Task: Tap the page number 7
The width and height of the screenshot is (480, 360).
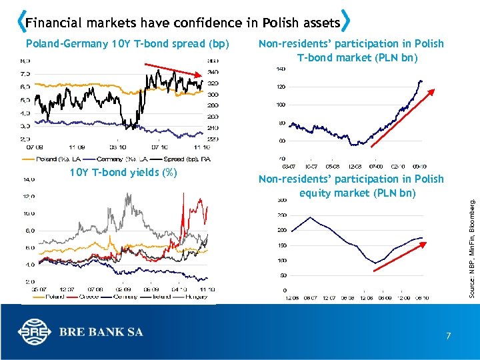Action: pyautogui.click(x=449, y=336)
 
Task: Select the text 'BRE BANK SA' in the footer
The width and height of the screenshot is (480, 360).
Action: pyautogui.click(x=101, y=332)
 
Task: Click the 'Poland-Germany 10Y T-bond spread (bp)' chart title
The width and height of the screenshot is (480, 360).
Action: pyautogui.click(x=127, y=44)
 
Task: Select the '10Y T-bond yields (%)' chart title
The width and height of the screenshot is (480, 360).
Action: pyautogui.click(x=123, y=173)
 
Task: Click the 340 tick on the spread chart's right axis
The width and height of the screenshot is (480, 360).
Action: pyautogui.click(x=213, y=72)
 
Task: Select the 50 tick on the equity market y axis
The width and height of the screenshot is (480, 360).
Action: pyautogui.click(x=283, y=275)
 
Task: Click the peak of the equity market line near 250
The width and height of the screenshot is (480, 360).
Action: pyautogui.click(x=310, y=217)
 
